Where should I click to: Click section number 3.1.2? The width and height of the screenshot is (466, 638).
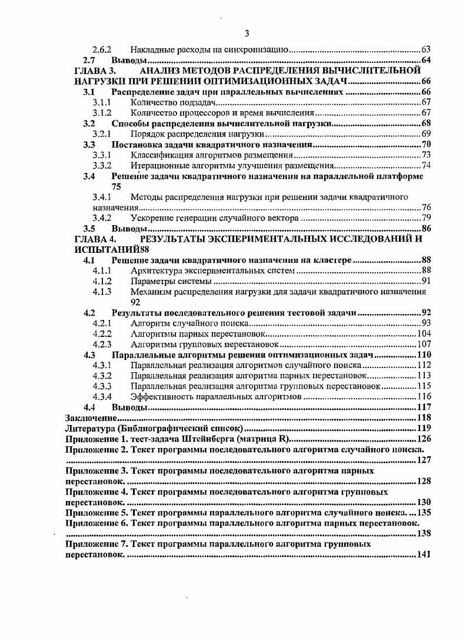point(102,112)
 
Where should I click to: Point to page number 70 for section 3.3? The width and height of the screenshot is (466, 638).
point(427,144)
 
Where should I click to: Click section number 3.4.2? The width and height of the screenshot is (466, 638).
point(102,218)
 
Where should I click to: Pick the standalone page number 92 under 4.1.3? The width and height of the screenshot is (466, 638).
point(136,302)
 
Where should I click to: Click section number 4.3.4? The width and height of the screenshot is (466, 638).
point(102,397)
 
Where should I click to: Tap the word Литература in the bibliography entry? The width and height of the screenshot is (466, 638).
point(88,427)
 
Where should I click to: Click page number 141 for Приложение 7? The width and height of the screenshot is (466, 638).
point(424,555)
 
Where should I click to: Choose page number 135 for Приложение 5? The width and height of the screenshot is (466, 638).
point(424,513)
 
